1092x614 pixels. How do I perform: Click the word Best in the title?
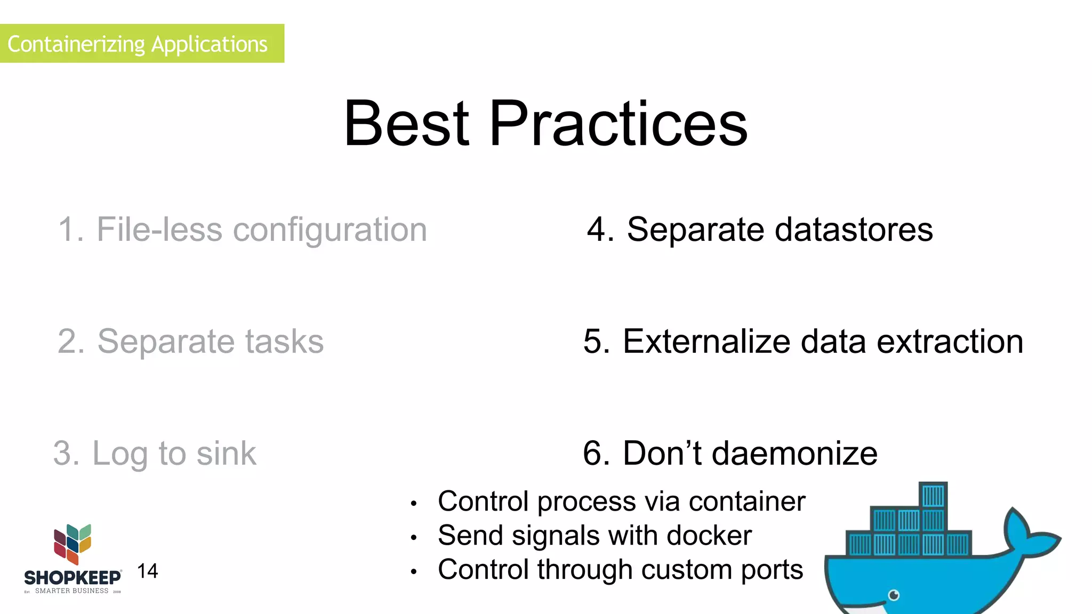406,124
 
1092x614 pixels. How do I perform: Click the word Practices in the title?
619,124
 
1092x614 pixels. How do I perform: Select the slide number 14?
147,571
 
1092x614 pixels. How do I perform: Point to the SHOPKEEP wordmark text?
73,578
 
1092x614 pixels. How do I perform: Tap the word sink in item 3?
226,453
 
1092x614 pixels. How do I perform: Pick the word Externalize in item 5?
706,341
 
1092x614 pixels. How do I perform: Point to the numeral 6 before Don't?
593,453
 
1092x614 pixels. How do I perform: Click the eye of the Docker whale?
894,595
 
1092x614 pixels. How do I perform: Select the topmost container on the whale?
933,496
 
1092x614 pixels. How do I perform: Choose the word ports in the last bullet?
772,569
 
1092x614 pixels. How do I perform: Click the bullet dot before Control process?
413,503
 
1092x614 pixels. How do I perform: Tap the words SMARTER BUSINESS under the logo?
71,591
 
